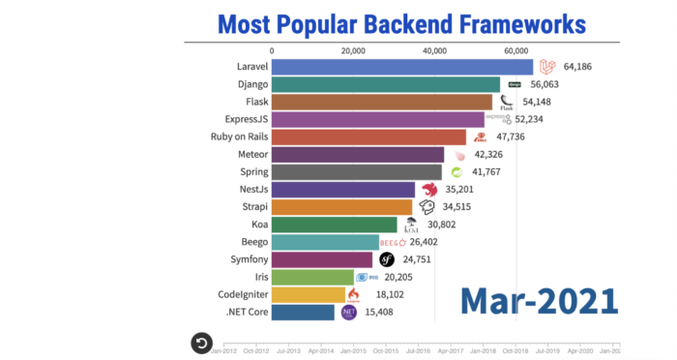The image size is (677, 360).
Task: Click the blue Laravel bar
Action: point(402,67)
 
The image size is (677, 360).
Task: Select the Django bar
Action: point(386,84)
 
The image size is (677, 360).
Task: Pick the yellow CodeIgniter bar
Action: point(309,294)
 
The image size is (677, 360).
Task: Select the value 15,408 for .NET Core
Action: point(385,313)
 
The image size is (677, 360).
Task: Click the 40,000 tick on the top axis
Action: point(434,51)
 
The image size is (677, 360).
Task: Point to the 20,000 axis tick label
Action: point(353,51)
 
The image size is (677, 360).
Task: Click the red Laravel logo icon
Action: point(546,67)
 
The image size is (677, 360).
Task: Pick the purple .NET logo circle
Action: point(348,313)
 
